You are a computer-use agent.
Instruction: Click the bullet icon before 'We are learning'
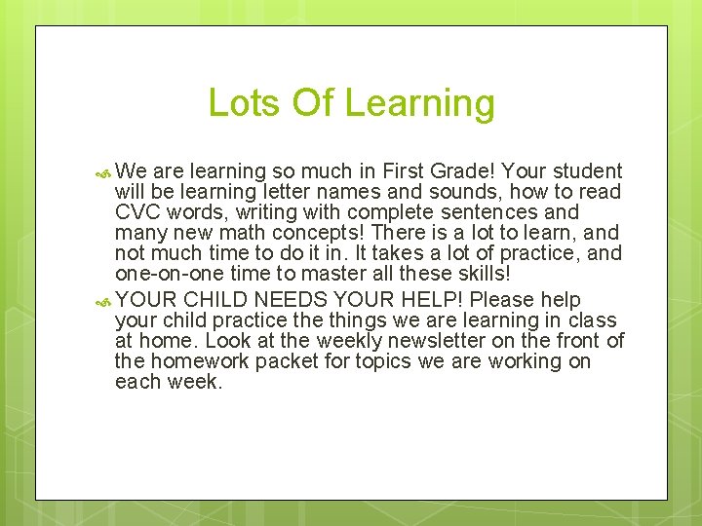(x=104, y=172)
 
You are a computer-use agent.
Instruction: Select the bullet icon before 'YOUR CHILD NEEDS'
(x=104, y=300)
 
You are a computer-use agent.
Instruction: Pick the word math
(x=244, y=234)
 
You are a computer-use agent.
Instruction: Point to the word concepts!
(x=316, y=234)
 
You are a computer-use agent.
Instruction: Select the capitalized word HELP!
(x=432, y=299)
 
